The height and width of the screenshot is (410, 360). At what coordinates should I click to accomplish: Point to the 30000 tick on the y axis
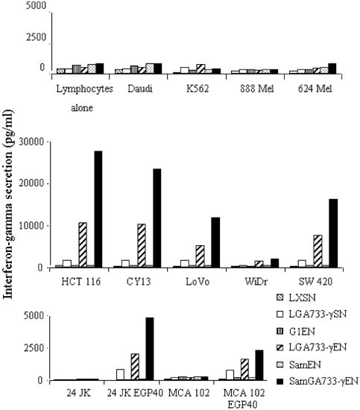pyautogui.click(x=35, y=141)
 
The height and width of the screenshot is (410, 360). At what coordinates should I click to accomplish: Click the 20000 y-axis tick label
pyautogui.click(x=35, y=183)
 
